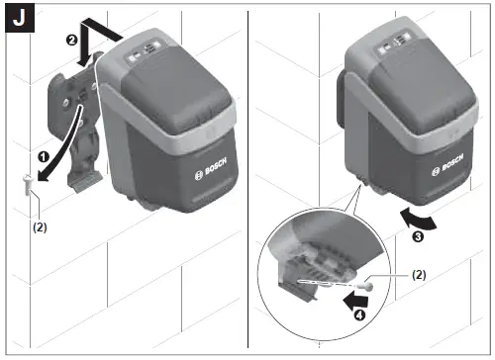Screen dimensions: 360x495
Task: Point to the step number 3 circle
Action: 417,238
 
